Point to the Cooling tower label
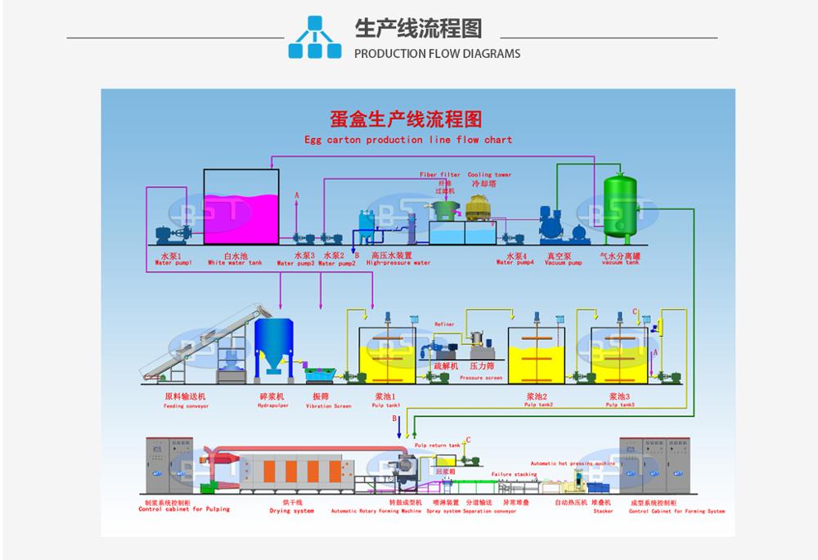489,175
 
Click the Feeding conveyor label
185,405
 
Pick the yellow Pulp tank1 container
387,361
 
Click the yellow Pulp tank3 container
621,361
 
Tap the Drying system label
292,511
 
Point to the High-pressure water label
398,263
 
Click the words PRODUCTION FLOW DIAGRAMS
437,54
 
